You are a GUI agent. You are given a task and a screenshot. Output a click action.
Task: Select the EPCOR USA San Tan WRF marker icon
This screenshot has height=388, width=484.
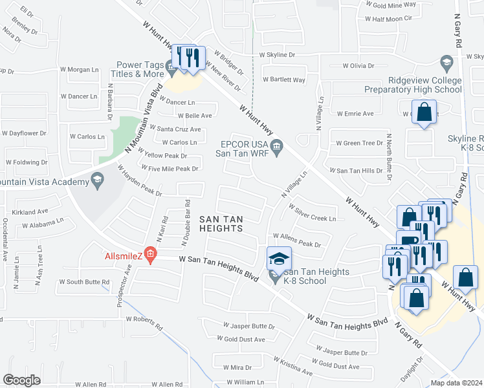coord(276,148)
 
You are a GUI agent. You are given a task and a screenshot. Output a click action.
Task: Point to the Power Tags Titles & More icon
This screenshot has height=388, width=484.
coord(171,65)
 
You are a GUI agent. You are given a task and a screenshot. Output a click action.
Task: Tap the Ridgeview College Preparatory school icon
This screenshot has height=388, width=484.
coord(446,63)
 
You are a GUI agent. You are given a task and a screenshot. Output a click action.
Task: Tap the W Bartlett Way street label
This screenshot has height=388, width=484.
coord(283,80)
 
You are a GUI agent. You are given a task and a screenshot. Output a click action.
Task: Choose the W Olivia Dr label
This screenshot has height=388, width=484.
coord(358,65)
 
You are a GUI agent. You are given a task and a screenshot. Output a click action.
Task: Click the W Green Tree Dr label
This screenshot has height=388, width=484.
coord(359,143)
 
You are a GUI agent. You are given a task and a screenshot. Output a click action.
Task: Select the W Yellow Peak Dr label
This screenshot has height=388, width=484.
coord(166,156)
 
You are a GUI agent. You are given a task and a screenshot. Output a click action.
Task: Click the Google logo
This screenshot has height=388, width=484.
coord(21,380)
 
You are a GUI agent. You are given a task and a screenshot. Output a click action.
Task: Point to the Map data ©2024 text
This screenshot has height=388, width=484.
coord(456,383)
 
